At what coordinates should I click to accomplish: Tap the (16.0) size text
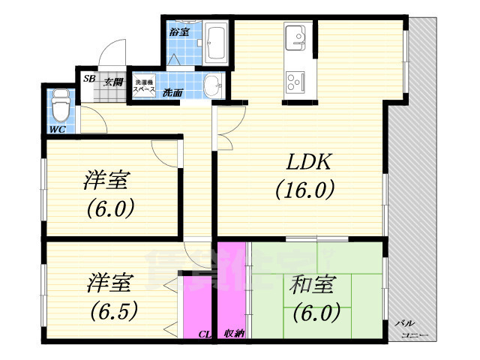[x=303, y=190]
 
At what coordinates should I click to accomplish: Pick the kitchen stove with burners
[x=292, y=77]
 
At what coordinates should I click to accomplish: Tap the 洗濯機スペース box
[x=144, y=85]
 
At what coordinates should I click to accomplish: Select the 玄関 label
[x=113, y=79]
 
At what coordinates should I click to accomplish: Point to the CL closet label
[x=205, y=334]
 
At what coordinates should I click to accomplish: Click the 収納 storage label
[x=232, y=334]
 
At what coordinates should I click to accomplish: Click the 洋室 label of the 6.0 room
[x=107, y=180]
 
